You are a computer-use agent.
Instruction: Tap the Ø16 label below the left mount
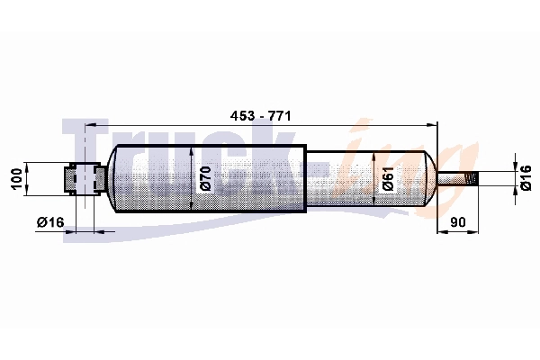[x=50, y=221]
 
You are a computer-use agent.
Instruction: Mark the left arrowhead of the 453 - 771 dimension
[x=91, y=128]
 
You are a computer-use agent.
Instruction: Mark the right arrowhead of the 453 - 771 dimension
[x=432, y=128]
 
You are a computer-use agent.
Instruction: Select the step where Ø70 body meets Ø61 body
[x=306, y=178]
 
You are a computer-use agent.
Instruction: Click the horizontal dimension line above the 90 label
[x=456, y=232]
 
